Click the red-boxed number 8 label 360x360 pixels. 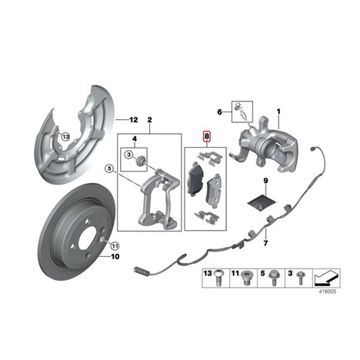[206, 137]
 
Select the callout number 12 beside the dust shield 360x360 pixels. [134, 120]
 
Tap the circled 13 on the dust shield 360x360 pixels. [65, 137]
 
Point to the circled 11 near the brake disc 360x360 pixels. [115, 246]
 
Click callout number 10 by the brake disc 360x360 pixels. [115, 256]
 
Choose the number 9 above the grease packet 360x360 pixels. [265, 181]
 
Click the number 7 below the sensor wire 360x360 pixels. [265, 242]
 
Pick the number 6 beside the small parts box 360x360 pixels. [219, 112]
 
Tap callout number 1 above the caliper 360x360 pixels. [278, 112]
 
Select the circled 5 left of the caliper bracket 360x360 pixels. [109, 168]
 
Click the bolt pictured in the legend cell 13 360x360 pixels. [218, 278]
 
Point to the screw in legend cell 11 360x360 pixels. [246, 278]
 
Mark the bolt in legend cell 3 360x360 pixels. [299, 278]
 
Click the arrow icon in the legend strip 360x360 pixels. [326, 278]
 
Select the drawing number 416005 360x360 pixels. [327, 292]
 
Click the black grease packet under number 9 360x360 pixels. [261, 202]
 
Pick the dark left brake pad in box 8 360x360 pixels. [195, 178]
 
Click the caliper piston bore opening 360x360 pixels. [271, 148]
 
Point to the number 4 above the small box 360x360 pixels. [135, 139]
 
